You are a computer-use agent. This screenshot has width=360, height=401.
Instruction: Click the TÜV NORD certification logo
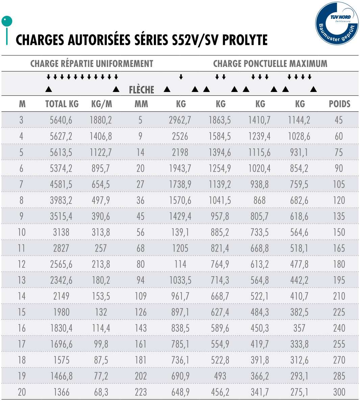[x=337, y=23]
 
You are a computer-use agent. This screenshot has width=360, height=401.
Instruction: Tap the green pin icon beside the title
[x=7, y=22]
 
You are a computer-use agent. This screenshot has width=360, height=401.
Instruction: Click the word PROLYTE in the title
[x=245, y=40]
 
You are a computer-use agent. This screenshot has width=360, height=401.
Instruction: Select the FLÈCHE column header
[x=141, y=90]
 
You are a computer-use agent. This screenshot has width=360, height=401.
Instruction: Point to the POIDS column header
[x=339, y=104]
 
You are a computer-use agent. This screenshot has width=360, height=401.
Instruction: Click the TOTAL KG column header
[x=62, y=104]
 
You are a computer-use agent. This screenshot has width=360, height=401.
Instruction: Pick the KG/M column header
[x=101, y=104]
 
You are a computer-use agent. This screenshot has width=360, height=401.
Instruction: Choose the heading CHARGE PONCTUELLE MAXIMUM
[x=270, y=64]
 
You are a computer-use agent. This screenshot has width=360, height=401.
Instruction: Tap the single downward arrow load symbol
[x=181, y=77]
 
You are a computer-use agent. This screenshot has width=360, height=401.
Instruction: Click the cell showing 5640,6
[x=61, y=120]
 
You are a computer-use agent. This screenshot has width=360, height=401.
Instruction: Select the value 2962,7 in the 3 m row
[x=180, y=120]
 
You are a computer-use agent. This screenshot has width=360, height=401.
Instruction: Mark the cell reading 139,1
[x=180, y=232]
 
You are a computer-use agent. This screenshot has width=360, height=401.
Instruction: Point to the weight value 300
[x=339, y=392]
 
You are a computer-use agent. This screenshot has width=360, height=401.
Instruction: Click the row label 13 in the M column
[x=22, y=280]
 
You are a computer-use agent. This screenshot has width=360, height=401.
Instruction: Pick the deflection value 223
[x=141, y=392]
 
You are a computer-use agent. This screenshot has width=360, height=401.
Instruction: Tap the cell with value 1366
[x=61, y=392]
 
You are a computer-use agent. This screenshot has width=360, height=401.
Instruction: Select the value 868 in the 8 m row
[x=260, y=200]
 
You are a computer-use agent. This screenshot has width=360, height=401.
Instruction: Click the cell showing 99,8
[x=101, y=344]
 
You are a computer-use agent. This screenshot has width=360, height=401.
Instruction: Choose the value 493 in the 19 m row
[x=220, y=376]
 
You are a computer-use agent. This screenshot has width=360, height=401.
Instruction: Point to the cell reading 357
[x=299, y=328]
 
